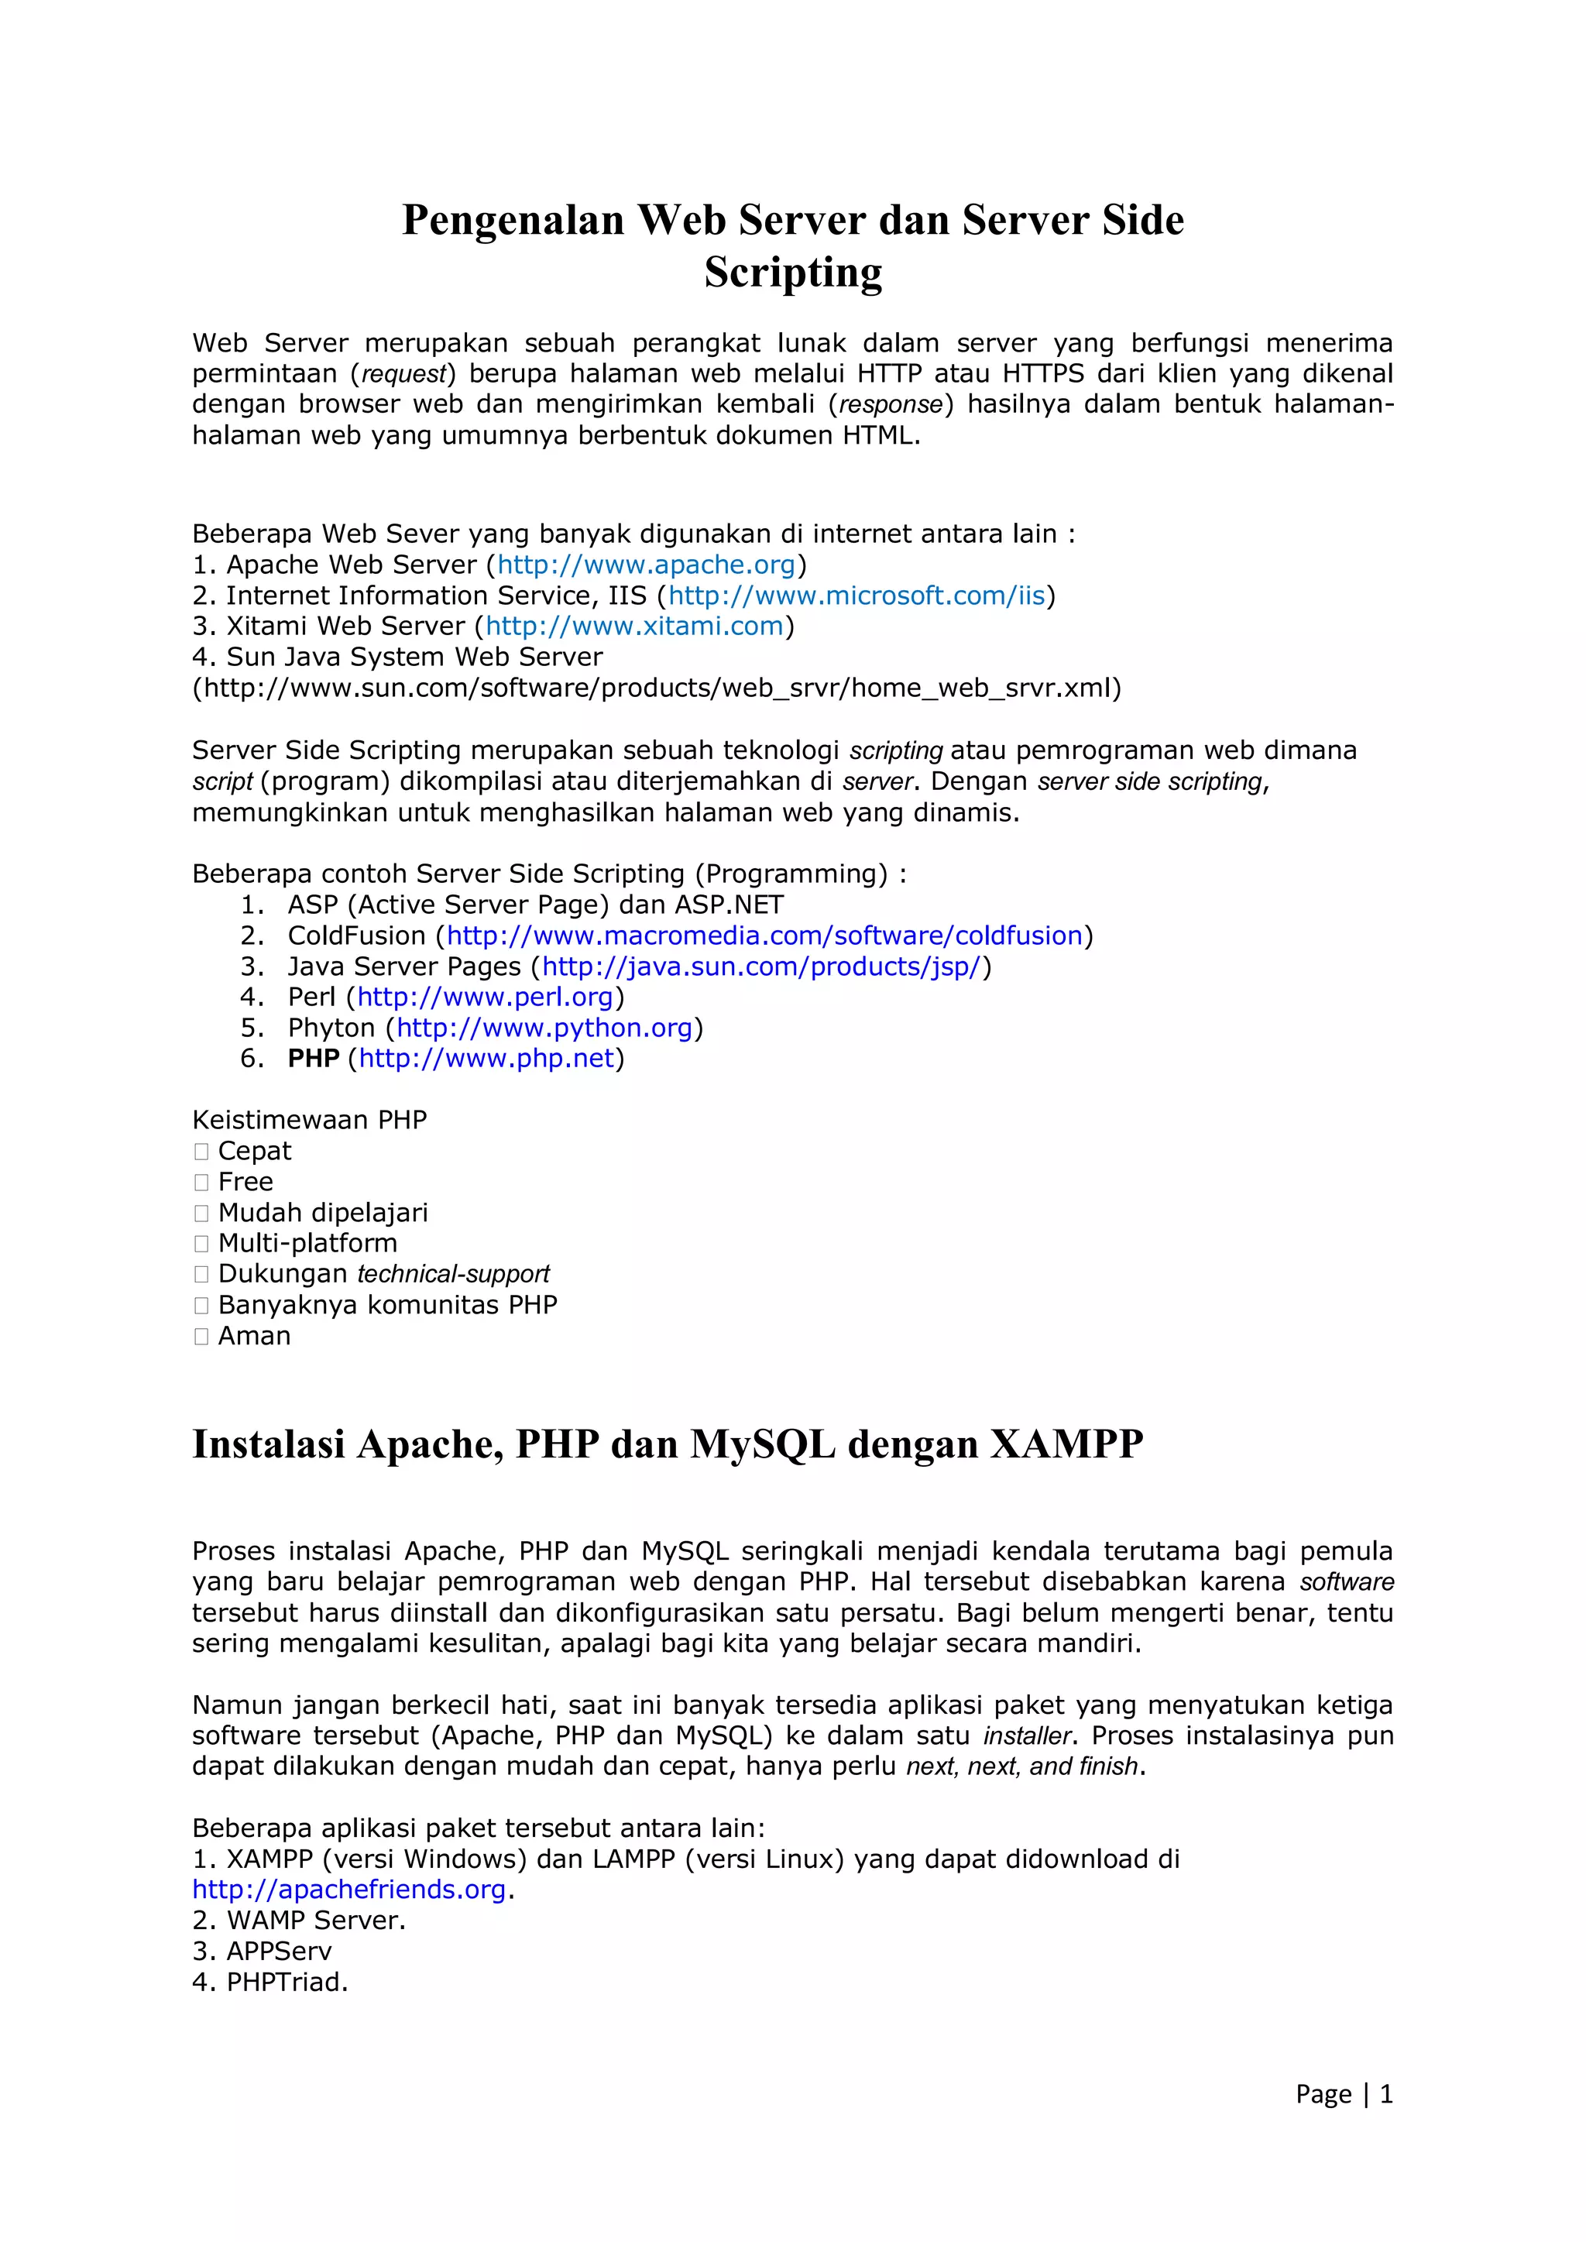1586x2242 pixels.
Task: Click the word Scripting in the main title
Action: pyautogui.click(x=793, y=273)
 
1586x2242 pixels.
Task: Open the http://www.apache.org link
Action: pyautogui.click(x=647, y=565)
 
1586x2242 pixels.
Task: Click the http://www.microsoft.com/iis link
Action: pyautogui.click(x=857, y=596)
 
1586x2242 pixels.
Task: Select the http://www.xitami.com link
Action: pyautogui.click(x=635, y=626)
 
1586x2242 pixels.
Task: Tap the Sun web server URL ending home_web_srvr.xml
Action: pyautogui.click(x=656, y=688)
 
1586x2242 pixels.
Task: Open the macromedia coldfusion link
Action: pyautogui.click(x=764, y=936)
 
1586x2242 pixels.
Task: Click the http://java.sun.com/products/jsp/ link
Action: pyautogui.click(x=760, y=966)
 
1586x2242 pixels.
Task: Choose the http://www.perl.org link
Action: pyautogui.click(x=484, y=997)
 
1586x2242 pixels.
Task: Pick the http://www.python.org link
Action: pyautogui.click(x=544, y=1028)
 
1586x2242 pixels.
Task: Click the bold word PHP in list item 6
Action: pyautogui.click(x=313, y=1059)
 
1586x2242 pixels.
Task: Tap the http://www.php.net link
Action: pyautogui.click(x=486, y=1059)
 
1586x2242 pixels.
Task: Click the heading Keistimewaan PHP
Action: pyautogui.click(x=310, y=1120)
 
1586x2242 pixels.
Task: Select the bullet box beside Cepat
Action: pyautogui.click(x=201, y=1152)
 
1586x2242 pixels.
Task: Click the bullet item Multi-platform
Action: pyautogui.click(x=307, y=1243)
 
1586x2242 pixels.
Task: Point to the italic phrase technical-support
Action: pyautogui.click(x=453, y=1274)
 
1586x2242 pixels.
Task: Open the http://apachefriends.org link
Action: pyautogui.click(x=348, y=1890)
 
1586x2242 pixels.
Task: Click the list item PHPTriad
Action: pyautogui.click(x=287, y=1983)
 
